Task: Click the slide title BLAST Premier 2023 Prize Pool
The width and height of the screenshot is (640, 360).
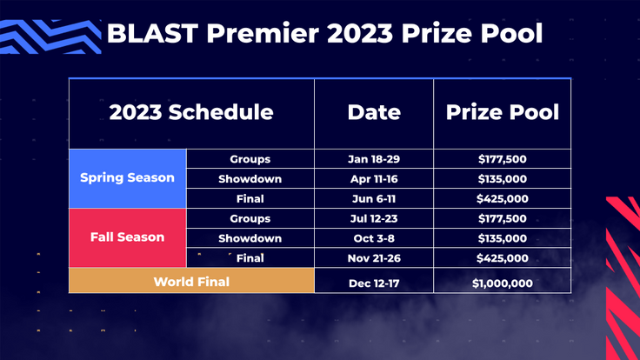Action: pyautogui.click(x=323, y=34)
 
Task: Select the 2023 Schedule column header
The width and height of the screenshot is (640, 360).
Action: pyautogui.click(x=191, y=112)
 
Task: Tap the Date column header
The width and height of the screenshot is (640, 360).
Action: pyautogui.click(x=374, y=112)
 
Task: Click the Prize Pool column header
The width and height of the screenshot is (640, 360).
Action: pyautogui.click(x=502, y=112)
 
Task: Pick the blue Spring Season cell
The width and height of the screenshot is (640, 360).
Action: pyautogui.click(x=127, y=177)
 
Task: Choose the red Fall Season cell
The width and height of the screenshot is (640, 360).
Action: pyautogui.click(x=127, y=237)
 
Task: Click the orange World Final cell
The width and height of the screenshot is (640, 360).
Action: pyautogui.click(x=191, y=282)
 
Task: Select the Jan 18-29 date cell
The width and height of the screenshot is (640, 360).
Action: pyautogui.click(x=374, y=159)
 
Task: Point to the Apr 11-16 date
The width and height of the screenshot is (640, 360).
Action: pyautogui.click(x=374, y=178)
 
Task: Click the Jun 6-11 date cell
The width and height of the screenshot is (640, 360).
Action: pyautogui.click(x=374, y=198)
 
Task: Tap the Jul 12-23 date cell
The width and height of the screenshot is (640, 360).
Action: pyautogui.click(x=374, y=218)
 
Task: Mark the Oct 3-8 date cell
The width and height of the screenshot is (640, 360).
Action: pyautogui.click(x=374, y=238)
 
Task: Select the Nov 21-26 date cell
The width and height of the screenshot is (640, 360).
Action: pyautogui.click(x=374, y=257)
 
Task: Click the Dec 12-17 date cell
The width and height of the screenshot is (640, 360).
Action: pyautogui.click(x=374, y=283)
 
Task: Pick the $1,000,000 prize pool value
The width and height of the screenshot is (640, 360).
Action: pyautogui.click(x=502, y=283)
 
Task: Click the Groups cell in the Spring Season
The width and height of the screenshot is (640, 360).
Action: pyautogui.click(x=250, y=159)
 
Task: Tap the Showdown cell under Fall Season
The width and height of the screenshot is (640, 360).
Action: pyautogui.click(x=250, y=238)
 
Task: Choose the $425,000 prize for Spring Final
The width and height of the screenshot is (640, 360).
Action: pyautogui.click(x=502, y=198)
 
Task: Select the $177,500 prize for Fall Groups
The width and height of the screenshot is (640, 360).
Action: pyautogui.click(x=502, y=218)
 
